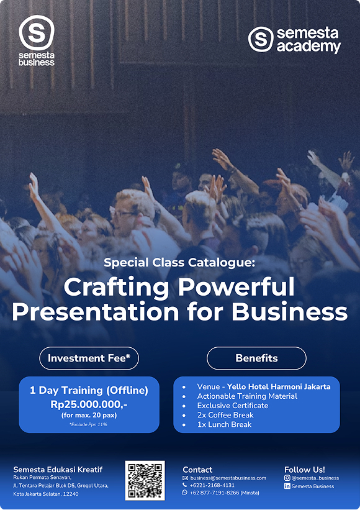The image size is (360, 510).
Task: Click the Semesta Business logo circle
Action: [x=36, y=32]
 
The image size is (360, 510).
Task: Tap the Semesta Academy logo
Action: [x=295, y=40]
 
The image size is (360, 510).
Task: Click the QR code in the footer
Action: [x=145, y=480]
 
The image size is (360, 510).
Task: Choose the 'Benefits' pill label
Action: [x=256, y=358]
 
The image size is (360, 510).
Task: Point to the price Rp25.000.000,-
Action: [x=89, y=403]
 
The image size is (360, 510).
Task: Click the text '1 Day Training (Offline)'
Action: [x=89, y=390]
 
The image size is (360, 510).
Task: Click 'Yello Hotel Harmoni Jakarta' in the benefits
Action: [x=279, y=386]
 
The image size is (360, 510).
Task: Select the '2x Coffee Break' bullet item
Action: [x=225, y=415]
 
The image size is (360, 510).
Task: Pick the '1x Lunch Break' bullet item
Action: [x=224, y=424]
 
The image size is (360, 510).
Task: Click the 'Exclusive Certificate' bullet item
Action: [x=233, y=406]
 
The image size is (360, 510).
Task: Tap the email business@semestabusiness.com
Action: [x=228, y=478]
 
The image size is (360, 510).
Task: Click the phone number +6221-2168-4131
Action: [x=212, y=485]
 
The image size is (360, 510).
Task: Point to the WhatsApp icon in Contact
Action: [x=185, y=493]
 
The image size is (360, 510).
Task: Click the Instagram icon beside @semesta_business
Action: [x=287, y=478]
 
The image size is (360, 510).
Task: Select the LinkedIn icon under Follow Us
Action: [x=287, y=486]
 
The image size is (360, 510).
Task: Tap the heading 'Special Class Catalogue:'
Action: [x=179, y=262]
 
